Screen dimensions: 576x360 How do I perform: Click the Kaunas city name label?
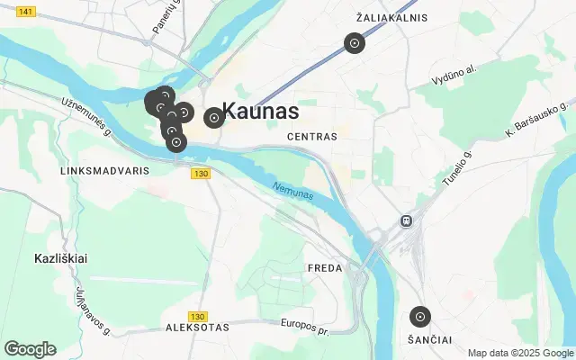click(260, 112)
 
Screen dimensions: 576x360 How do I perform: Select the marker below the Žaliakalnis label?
click(355, 43)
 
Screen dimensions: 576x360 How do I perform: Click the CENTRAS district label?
click(311, 137)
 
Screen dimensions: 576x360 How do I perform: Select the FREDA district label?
click(325, 268)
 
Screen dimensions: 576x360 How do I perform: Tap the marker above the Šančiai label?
click(419, 317)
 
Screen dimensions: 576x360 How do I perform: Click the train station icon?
click(407, 220)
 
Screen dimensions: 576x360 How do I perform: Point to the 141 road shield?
click(26, 11)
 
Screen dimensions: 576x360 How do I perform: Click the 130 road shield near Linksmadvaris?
click(200, 173)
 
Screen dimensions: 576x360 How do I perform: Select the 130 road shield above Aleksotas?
click(199, 317)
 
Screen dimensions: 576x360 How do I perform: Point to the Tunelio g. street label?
click(456, 168)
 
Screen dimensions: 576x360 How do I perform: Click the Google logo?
click(30, 349)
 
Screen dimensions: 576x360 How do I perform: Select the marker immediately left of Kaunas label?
click(214, 117)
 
